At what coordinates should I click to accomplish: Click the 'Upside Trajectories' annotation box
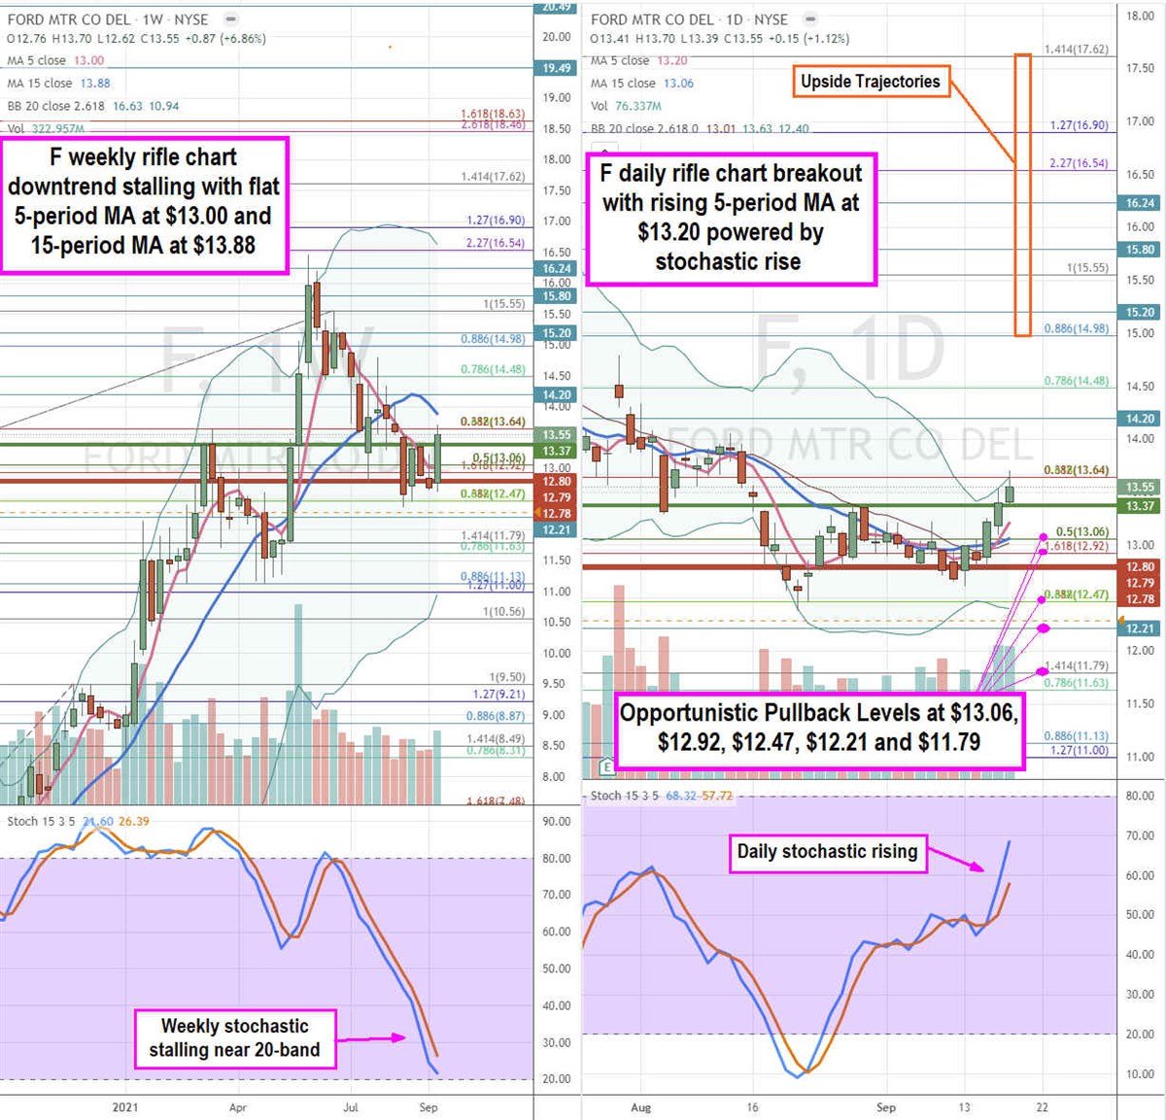(870, 82)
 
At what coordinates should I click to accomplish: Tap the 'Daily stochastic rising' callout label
(827, 852)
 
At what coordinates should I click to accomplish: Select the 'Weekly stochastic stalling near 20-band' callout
(234, 1037)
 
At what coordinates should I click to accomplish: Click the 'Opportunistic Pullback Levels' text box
(819, 728)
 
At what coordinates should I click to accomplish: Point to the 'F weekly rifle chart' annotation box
(144, 202)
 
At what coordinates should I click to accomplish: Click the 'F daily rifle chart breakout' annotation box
(731, 218)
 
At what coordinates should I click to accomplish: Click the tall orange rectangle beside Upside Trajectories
(1022, 194)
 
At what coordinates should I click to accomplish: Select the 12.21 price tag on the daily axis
(1141, 628)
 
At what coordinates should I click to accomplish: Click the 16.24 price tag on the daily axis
(1141, 203)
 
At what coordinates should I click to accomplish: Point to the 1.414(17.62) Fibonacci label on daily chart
(1076, 50)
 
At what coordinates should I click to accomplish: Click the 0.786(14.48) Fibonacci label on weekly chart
(493, 369)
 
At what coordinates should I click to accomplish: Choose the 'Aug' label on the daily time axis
(640, 1107)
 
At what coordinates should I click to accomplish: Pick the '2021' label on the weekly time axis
(125, 1107)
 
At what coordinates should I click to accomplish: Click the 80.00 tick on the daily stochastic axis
(1140, 797)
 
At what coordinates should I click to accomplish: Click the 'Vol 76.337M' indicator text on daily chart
(626, 106)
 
